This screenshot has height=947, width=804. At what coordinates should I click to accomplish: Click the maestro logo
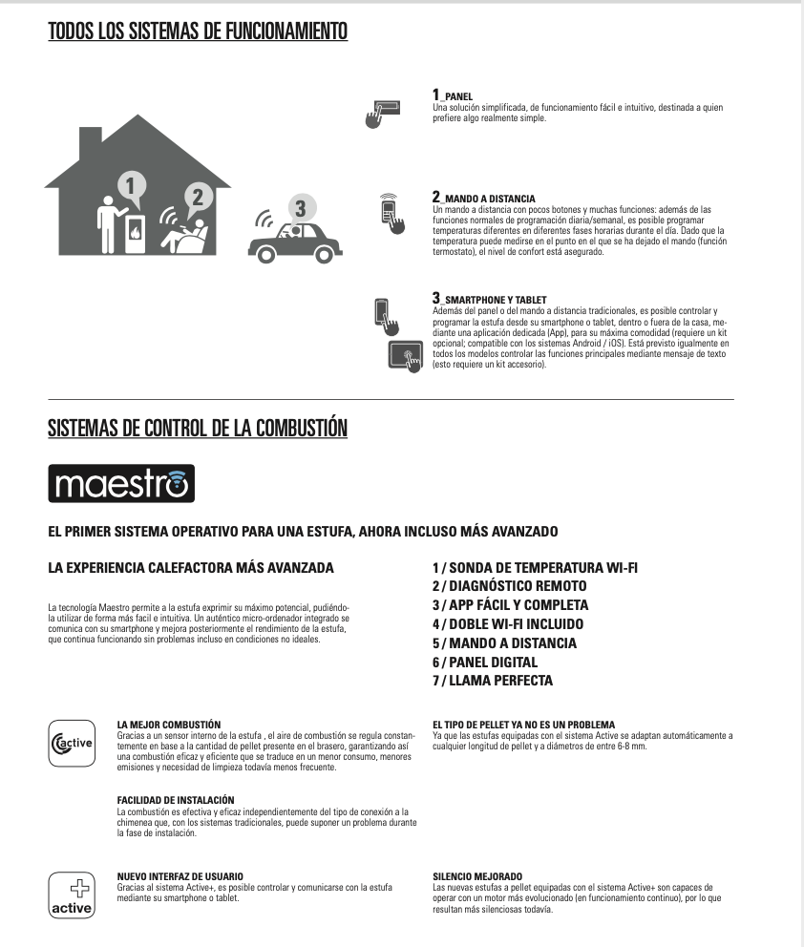121,483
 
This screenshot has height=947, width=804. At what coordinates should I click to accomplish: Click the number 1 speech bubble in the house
133,185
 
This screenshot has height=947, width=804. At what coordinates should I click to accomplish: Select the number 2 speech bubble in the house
197,198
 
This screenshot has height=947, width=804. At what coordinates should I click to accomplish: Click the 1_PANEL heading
453,95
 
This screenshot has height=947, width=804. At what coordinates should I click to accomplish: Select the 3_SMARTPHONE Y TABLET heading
489,299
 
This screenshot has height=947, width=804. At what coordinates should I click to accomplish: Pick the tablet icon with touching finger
406,356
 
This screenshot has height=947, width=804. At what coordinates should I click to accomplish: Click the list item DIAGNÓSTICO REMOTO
509,586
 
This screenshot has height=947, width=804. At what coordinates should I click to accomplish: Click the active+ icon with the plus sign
72,894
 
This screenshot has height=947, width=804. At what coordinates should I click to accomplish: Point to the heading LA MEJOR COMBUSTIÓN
169,725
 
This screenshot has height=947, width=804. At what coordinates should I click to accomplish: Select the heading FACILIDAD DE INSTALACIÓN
176,799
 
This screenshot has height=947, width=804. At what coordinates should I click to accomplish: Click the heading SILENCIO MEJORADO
477,875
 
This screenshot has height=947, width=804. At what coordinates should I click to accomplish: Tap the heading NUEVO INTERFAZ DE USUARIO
180,875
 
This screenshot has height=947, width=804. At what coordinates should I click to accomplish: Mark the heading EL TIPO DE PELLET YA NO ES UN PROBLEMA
523,725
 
